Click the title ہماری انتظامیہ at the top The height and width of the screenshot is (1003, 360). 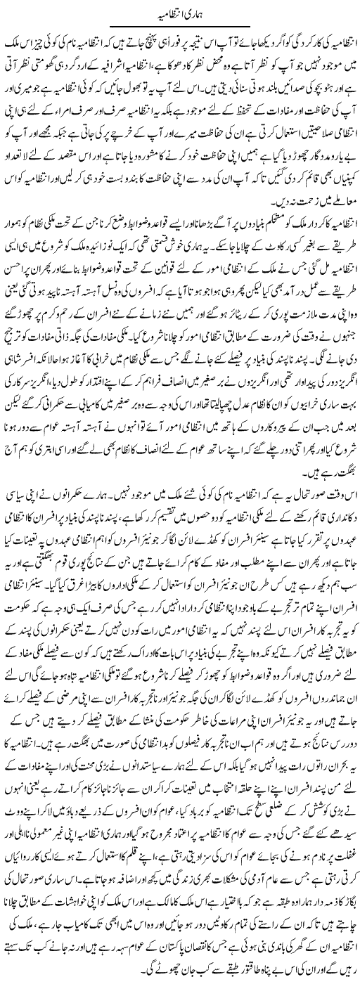180,13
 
